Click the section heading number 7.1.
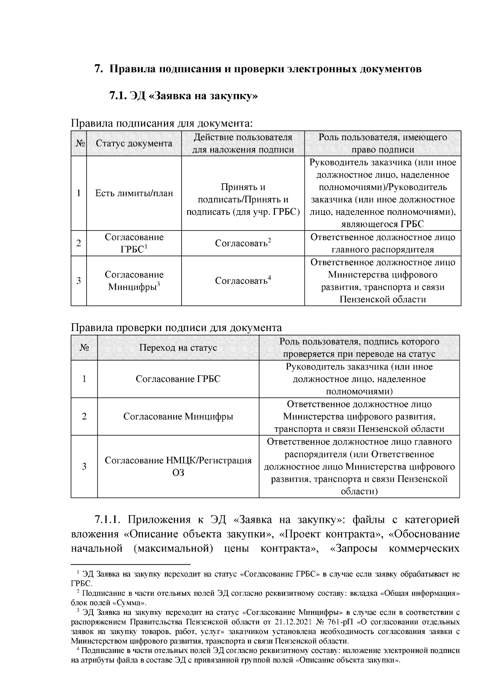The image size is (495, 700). pos(118,96)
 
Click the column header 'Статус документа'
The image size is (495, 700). pos(134,143)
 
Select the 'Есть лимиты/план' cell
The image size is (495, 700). pos(134,193)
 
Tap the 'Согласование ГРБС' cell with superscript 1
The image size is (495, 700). pos(134,243)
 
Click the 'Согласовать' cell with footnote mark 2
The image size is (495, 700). pos(243,243)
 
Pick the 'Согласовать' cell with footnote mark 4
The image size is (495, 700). pos(243,281)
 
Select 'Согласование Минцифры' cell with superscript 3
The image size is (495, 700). pos(134,281)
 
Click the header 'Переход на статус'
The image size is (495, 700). pos(178,348)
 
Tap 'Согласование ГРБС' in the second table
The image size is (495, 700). pos(178,379)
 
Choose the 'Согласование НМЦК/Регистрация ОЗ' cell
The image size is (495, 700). pos(178,466)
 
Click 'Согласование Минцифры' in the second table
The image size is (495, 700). pos(178,416)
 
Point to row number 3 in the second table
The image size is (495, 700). pos(84,466)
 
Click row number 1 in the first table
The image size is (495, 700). pos(78,193)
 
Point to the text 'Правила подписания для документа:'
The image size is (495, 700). pos(161,123)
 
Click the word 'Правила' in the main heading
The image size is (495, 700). pos(132,69)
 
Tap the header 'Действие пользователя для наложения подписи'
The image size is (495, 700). pos(243,143)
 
